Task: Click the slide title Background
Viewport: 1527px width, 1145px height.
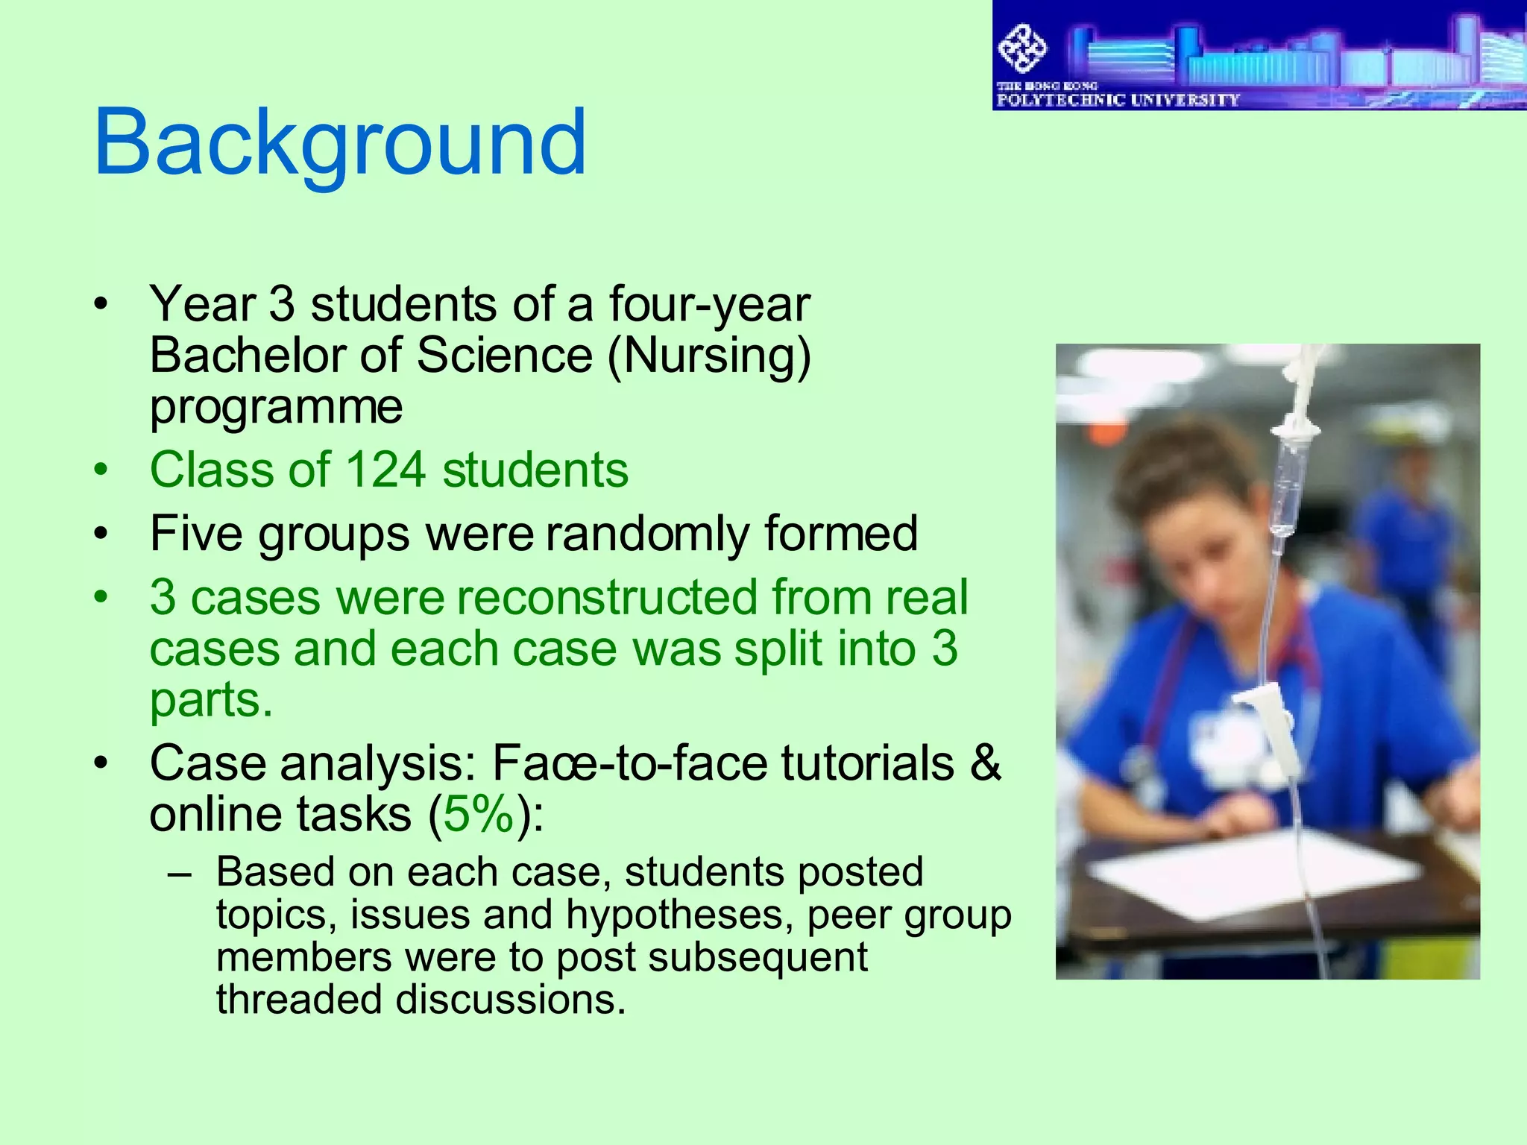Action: [340, 143]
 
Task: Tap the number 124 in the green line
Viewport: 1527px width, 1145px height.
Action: [385, 470]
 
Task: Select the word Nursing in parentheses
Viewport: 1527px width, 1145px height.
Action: [709, 356]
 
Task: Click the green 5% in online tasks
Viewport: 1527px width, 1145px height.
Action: [479, 814]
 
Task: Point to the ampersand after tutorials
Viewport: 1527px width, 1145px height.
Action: [985, 763]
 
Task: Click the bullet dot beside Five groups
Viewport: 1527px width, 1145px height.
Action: [101, 534]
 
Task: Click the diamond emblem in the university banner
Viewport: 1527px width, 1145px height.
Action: [1022, 49]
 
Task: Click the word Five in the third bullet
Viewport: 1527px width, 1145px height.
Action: [196, 534]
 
